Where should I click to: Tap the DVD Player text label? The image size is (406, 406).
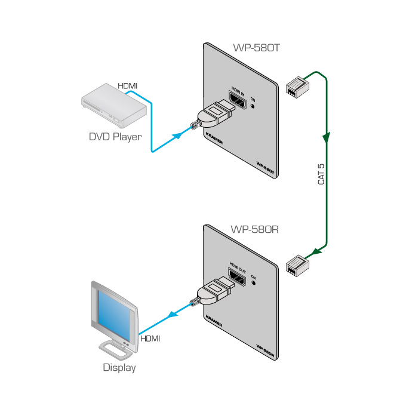(115, 137)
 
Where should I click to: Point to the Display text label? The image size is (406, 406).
(119, 368)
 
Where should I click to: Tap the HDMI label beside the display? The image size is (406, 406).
(150, 339)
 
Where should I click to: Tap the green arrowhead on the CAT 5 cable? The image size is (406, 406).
(326, 139)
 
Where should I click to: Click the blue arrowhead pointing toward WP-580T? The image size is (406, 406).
(177, 136)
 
